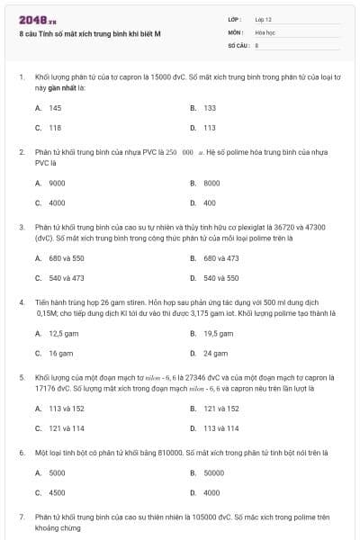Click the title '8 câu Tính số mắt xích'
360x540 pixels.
click(90, 33)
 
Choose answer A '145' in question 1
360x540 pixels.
click(54, 108)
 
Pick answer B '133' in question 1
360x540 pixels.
click(209, 108)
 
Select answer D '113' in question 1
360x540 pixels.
click(209, 128)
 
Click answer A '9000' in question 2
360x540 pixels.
click(56, 183)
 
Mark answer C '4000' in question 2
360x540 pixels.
click(56, 202)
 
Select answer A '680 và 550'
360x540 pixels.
click(66, 258)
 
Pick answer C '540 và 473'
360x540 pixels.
click(66, 278)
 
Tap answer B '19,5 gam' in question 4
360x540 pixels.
click(218, 333)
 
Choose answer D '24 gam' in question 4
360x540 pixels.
click(215, 354)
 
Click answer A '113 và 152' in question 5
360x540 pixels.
click(66, 409)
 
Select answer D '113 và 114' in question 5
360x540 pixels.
click(220, 428)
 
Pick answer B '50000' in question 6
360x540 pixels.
click(212, 472)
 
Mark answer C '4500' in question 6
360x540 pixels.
click(56, 492)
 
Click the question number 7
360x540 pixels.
click(22, 517)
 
